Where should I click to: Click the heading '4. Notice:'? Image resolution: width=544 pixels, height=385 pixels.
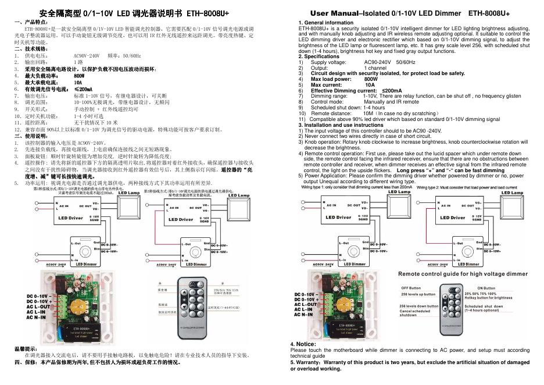click(303, 344)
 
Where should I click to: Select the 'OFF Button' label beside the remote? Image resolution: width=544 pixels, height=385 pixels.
click(411, 288)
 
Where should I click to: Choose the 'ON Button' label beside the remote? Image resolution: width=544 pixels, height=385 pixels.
click(486, 288)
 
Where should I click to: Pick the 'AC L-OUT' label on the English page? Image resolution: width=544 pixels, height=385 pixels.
click(306, 304)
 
